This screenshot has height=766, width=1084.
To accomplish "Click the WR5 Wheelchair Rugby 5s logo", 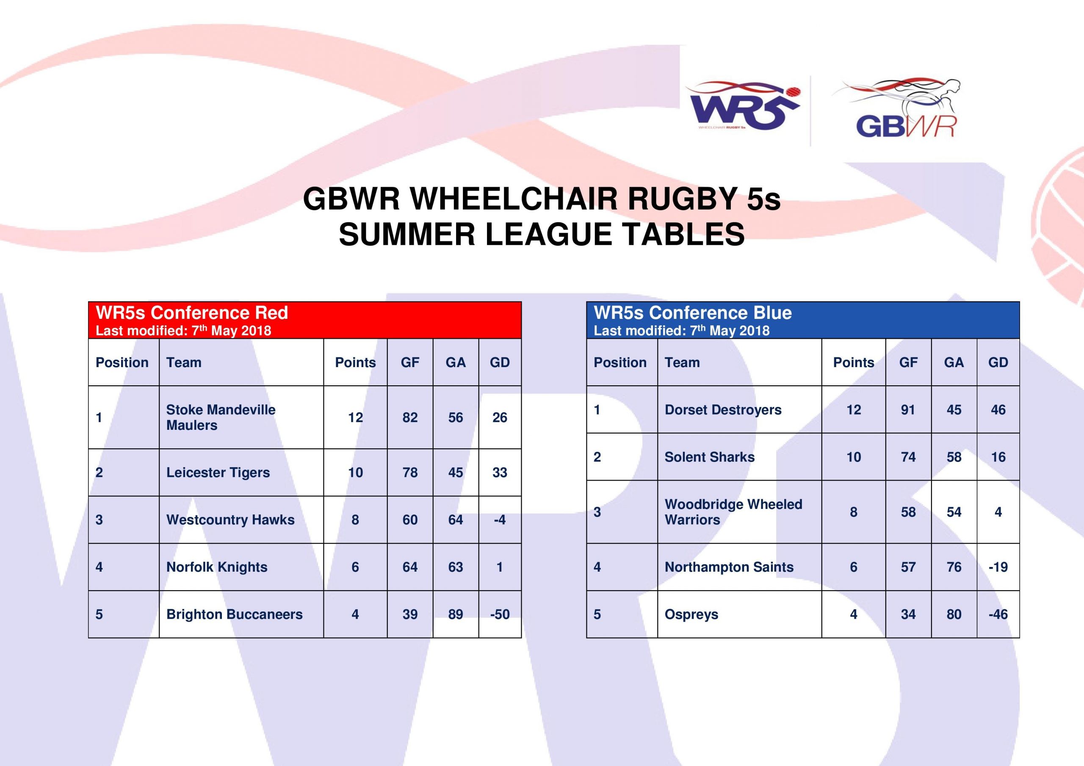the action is [x=742, y=106].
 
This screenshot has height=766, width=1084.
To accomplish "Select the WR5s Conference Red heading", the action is [x=192, y=312].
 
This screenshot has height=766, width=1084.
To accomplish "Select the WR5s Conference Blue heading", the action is [x=693, y=312].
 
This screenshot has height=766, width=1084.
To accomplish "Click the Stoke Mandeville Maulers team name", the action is [x=221, y=418].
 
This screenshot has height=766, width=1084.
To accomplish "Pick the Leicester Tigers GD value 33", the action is [x=500, y=472].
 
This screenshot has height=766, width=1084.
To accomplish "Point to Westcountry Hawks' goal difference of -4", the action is [x=500, y=520].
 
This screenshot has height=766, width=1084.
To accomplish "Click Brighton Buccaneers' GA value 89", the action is [x=455, y=614].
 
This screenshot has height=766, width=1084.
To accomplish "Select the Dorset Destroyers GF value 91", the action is [x=908, y=409].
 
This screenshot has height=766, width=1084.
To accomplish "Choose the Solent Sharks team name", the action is [x=709, y=456].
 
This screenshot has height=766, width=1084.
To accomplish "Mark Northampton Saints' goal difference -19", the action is [x=998, y=567].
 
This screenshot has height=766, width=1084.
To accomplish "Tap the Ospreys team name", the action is [x=691, y=614].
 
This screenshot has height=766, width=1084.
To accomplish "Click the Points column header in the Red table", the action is [x=355, y=362].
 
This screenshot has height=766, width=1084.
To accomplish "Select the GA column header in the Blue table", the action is [x=954, y=362].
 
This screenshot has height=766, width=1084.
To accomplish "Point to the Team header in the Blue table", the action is [x=682, y=362].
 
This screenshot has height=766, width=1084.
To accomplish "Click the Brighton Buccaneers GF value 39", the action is [x=410, y=614].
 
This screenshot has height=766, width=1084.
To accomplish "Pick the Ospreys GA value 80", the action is [x=954, y=614].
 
